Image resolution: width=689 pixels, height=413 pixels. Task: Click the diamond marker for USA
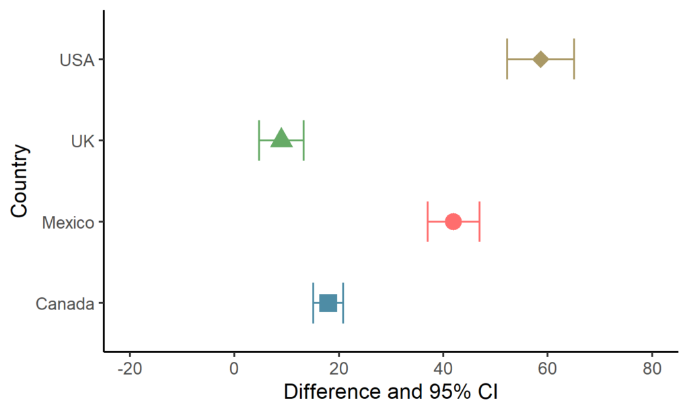click(540, 59)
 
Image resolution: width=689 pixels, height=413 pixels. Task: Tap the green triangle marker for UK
click(281, 139)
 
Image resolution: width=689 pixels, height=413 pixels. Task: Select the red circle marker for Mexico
click(453, 221)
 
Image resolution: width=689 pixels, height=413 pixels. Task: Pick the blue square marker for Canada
click(328, 303)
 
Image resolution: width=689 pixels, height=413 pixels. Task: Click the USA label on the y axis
click(77, 60)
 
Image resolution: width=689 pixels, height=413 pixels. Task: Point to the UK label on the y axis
click(83, 141)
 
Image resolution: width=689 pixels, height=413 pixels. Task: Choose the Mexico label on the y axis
click(68, 223)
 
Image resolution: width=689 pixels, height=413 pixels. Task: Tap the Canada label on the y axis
click(65, 304)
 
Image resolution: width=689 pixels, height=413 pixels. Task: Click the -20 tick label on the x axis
click(130, 368)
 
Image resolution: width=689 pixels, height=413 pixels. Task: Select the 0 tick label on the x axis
click(234, 368)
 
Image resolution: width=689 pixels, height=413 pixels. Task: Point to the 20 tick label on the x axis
click(339, 368)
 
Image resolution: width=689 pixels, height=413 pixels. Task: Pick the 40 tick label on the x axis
click(443, 368)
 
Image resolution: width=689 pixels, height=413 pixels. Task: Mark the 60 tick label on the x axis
click(548, 368)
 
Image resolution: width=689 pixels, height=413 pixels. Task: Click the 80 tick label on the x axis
click(652, 368)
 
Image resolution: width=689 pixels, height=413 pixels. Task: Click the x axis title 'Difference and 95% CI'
click(391, 391)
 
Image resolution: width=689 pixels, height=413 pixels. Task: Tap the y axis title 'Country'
click(20, 180)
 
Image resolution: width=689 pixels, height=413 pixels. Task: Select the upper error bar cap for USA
click(574, 59)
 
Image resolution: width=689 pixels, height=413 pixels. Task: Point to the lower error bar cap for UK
click(259, 140)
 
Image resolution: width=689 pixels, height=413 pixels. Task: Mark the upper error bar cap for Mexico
click(479, 221)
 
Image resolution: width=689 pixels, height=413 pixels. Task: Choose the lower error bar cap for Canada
click(314, 303)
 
